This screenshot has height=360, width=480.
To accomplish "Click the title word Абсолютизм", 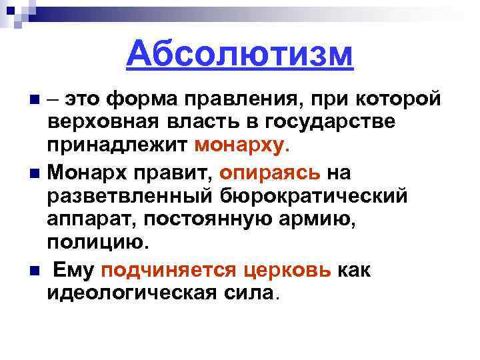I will [x=239, y=54].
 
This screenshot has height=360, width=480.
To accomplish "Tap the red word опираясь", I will [x=270, y=173].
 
